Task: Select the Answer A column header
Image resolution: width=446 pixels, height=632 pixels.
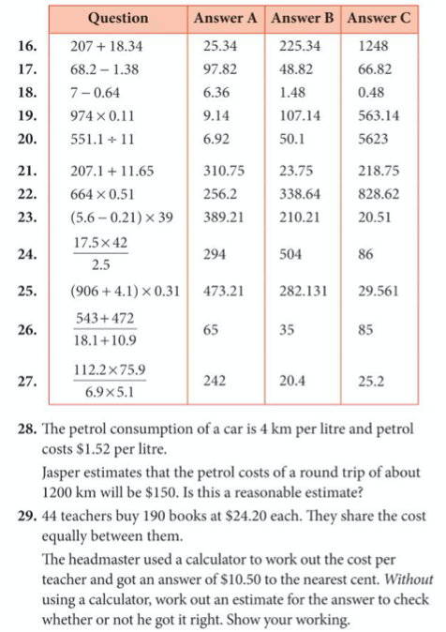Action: [x=226, y=18]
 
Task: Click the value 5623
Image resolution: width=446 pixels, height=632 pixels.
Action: [x=373, y=141]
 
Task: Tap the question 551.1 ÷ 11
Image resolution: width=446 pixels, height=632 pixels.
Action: [x=103, y=141]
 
